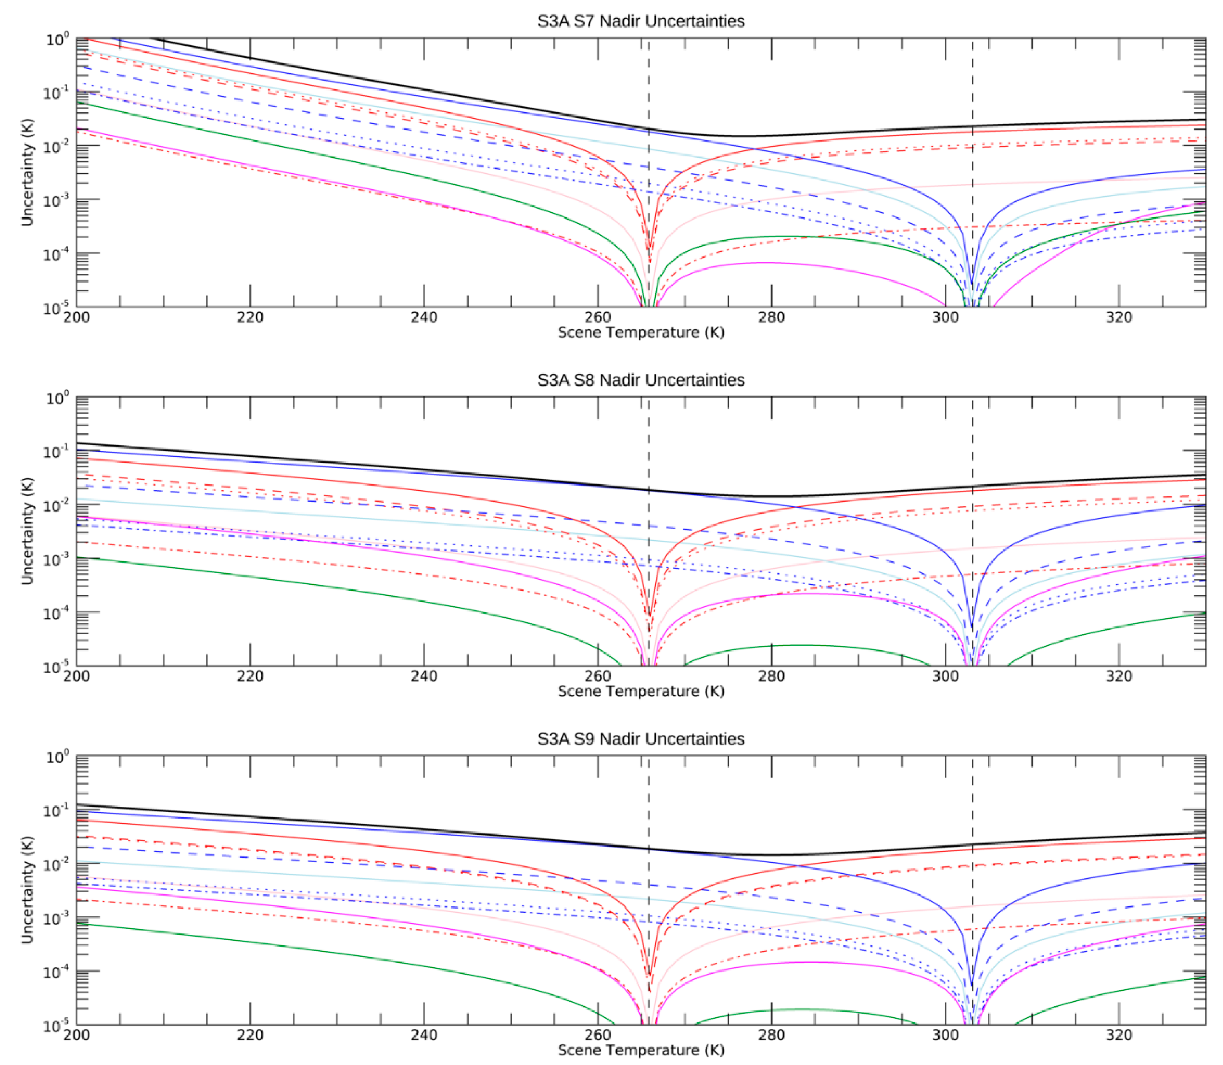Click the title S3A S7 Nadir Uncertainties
coord(640,21)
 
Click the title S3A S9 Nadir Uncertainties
coord(640,739)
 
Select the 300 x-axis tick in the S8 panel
coord(945,676)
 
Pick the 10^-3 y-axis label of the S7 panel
coord(58,200)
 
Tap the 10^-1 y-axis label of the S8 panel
coord(58,452)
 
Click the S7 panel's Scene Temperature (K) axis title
coord(640,333)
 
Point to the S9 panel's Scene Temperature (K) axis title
coord(640,1050)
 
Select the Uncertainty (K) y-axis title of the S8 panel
coord(27,531)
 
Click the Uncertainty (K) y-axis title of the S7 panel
coord(27,172)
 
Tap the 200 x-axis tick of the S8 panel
coord(76,676)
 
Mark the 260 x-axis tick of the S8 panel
coord(597,676)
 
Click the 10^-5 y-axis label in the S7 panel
coord(58,308)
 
